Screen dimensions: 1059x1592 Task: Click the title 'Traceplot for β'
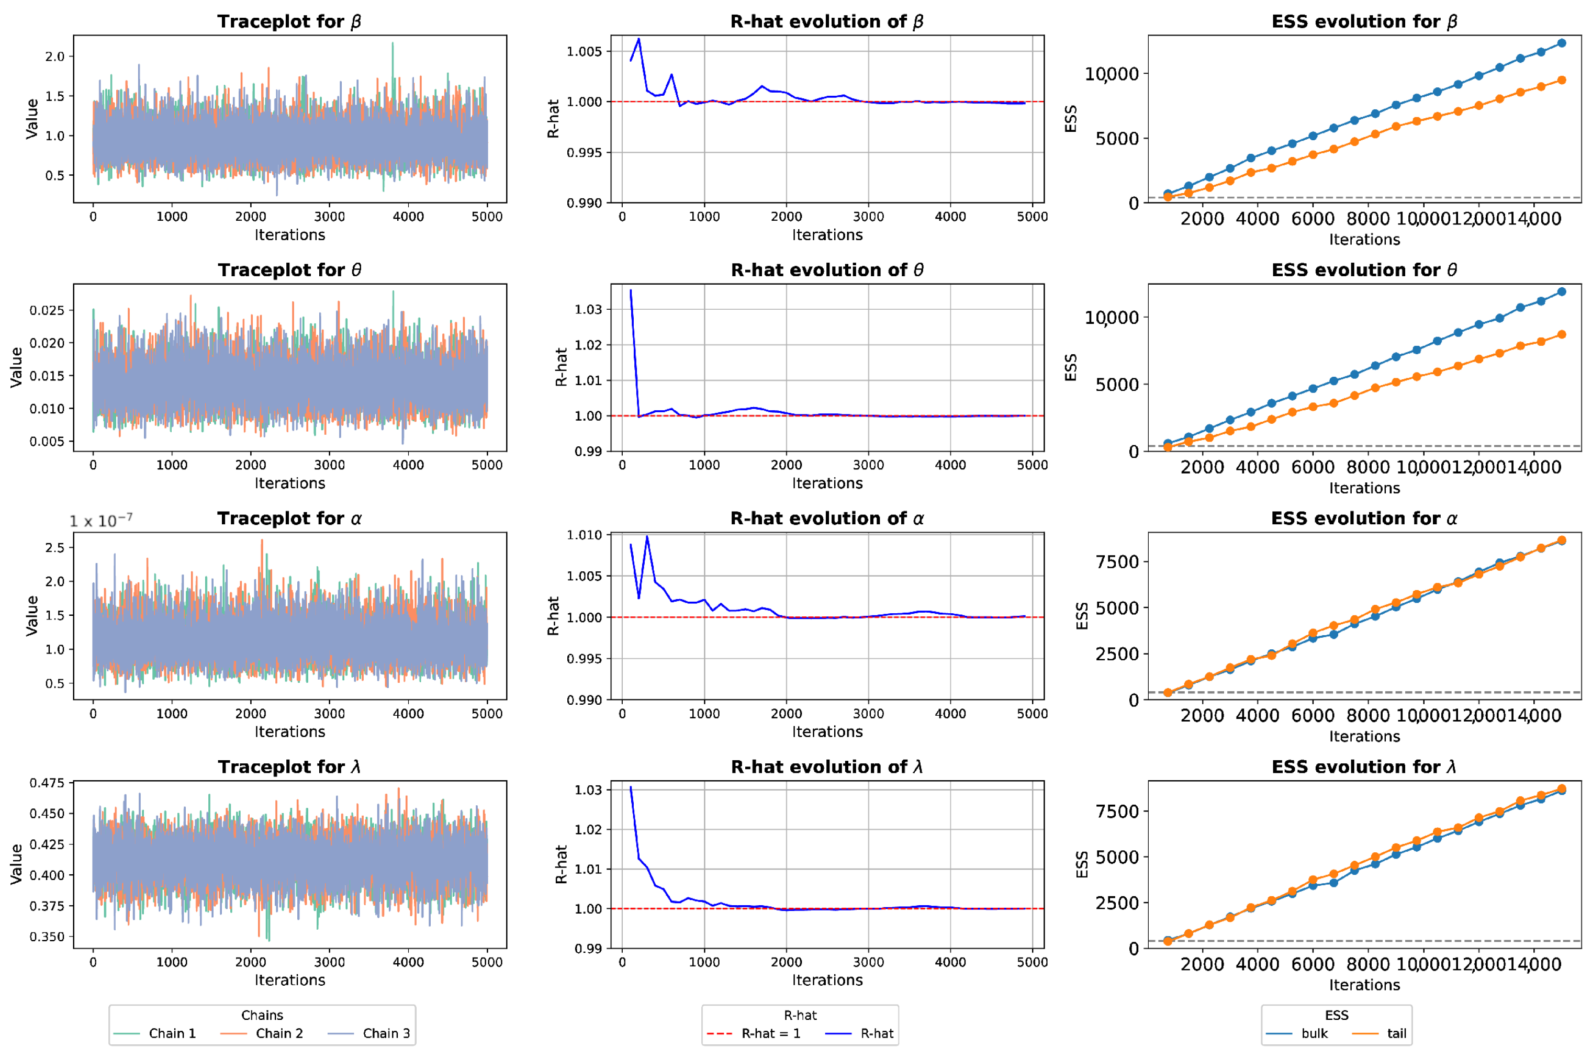289,21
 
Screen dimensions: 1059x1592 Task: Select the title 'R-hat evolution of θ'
827,270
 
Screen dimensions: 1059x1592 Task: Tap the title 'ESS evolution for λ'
1364,767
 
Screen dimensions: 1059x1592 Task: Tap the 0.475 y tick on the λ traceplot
47,783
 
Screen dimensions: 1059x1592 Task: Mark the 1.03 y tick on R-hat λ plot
588,790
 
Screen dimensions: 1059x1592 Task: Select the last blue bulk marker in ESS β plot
1562,43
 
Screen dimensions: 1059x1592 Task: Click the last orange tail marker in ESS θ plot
1562,334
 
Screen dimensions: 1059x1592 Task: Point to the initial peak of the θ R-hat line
631,290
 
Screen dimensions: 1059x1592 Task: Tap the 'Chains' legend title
262,1015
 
